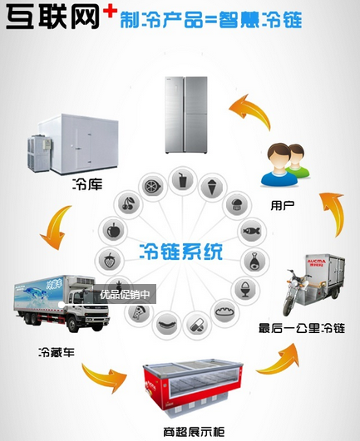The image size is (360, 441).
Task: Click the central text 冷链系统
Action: (181, 251)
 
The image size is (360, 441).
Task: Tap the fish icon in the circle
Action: (251, 230)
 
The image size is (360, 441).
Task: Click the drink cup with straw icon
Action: (181, 179)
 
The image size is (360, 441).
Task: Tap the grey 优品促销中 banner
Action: (125, 293)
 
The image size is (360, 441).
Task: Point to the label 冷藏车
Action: (56, 352)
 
